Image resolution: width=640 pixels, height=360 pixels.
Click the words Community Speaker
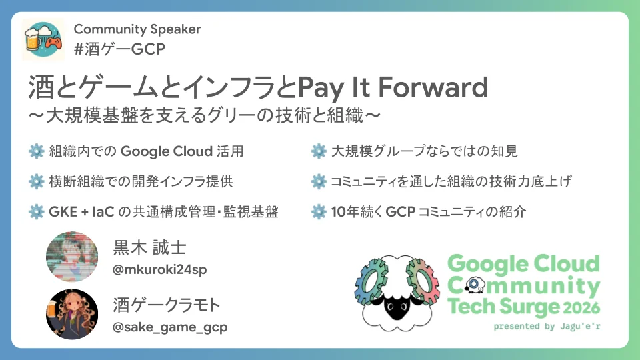(x=137, y=29)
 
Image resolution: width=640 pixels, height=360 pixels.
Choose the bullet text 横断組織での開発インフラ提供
(x=141, y=181)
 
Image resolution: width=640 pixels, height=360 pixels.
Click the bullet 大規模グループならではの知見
(x=424, y=151)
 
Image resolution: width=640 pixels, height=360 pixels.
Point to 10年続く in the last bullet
(x=354, y=212)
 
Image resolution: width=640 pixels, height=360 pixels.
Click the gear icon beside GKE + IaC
(x=36, y=212)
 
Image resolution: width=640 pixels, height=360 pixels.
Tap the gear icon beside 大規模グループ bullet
(x=318, y=151)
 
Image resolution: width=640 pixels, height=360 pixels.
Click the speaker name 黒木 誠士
(x=150, y=248)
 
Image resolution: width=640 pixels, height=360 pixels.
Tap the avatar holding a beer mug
(x=72, y=313)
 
